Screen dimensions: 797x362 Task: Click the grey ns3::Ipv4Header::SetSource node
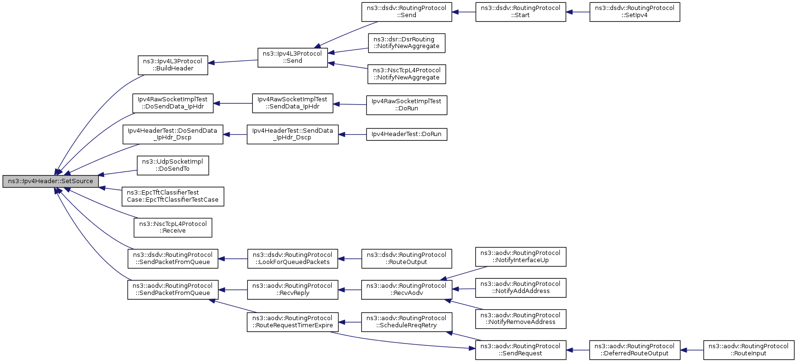(x=50, y=181)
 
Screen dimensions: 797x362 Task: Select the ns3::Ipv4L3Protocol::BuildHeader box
(x=173, y=65)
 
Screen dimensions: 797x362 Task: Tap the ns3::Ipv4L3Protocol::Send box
(x=292, y=58)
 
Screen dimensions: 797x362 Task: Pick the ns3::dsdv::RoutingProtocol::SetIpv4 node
(x=635, y=12)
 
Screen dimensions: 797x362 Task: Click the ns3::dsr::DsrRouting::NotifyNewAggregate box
(x=407, y=43)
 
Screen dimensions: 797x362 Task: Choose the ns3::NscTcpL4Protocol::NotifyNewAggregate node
(x=407, y=74)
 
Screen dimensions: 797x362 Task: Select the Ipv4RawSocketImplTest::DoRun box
(x=407, y=105)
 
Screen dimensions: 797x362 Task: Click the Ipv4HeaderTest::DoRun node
(x=407, y=134)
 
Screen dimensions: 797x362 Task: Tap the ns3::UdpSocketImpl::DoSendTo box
(x=173, y=166)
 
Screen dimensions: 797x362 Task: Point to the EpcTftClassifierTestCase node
(x=173, y=196)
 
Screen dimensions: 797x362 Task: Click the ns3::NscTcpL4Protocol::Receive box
(x=173, y=228)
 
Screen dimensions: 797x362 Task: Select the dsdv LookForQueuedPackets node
(x=292, y=259)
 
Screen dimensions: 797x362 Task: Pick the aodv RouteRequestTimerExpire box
(x=292, y=322)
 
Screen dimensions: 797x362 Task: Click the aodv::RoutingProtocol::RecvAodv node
(x=407, y=290)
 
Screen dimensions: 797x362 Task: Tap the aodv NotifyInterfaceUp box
(x=520, y=256)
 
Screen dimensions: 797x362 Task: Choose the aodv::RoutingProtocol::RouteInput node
(x=749, y=350)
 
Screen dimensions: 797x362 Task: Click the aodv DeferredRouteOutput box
(x=635, y=350)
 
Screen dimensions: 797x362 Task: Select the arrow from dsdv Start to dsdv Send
(x=464, y=12)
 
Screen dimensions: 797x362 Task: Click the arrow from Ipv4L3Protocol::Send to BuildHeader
(x=233, y=62)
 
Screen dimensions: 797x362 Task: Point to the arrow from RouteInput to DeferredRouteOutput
(x=691, y=350)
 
